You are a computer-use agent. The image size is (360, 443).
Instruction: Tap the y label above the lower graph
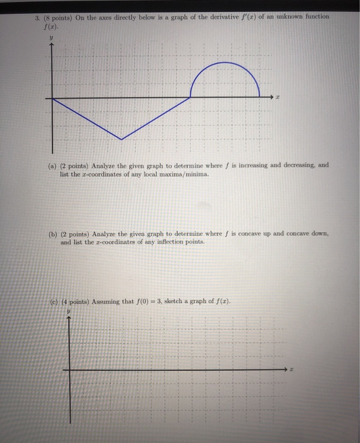(68, 311)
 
